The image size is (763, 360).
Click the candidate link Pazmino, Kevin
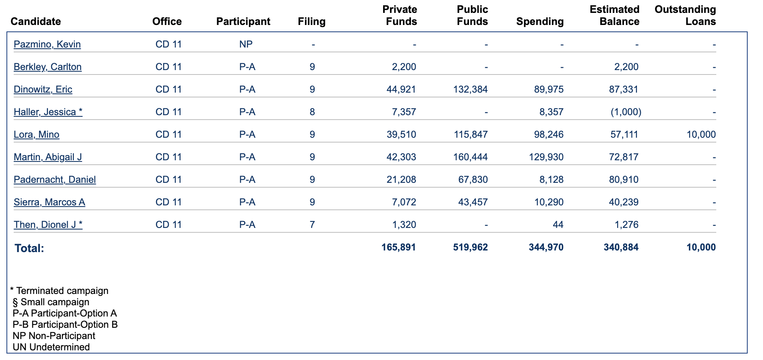(x=47, y=44)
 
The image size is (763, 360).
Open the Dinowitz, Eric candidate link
(x=43, y=89)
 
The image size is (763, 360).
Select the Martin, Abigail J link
(x=48, y=157)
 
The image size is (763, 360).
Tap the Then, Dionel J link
(x=48, y=225)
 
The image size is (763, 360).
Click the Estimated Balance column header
(x=614, y=15)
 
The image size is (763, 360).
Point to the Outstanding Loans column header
(x=685, y=15)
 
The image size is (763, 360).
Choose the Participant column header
(x=243, y=21)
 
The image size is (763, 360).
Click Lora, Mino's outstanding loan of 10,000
(x=701, y=134)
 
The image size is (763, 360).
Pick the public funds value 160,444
(x=471, y=157)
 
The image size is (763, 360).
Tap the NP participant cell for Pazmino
(x=246, y=44)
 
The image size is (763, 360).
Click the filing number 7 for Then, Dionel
(x=312, y=225)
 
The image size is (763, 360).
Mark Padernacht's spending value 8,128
(x=552, y=180)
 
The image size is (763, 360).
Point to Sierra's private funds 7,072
(x=404, y=202)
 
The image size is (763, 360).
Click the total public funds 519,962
(x=471, y=247)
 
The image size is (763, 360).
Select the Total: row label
(x=29, y=248)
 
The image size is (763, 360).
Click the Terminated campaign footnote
(x=59, y=291)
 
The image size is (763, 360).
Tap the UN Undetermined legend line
(x=51, y=347)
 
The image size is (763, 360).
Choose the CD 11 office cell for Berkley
(x=169, y=67)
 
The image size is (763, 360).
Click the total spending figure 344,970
(x=546, y=247)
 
